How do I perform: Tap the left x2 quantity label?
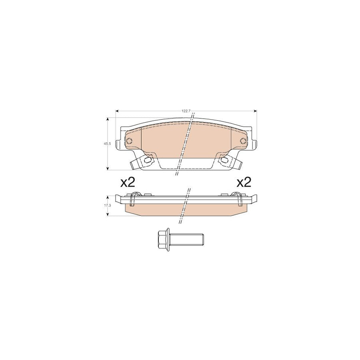(128, 183)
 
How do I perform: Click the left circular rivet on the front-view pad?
(129, 140)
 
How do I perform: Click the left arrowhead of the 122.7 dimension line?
(116, 111)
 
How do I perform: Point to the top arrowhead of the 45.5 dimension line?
(108, 119)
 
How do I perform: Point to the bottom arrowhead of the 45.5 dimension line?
(108, 168)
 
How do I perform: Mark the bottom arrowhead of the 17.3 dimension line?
(108, 214)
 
